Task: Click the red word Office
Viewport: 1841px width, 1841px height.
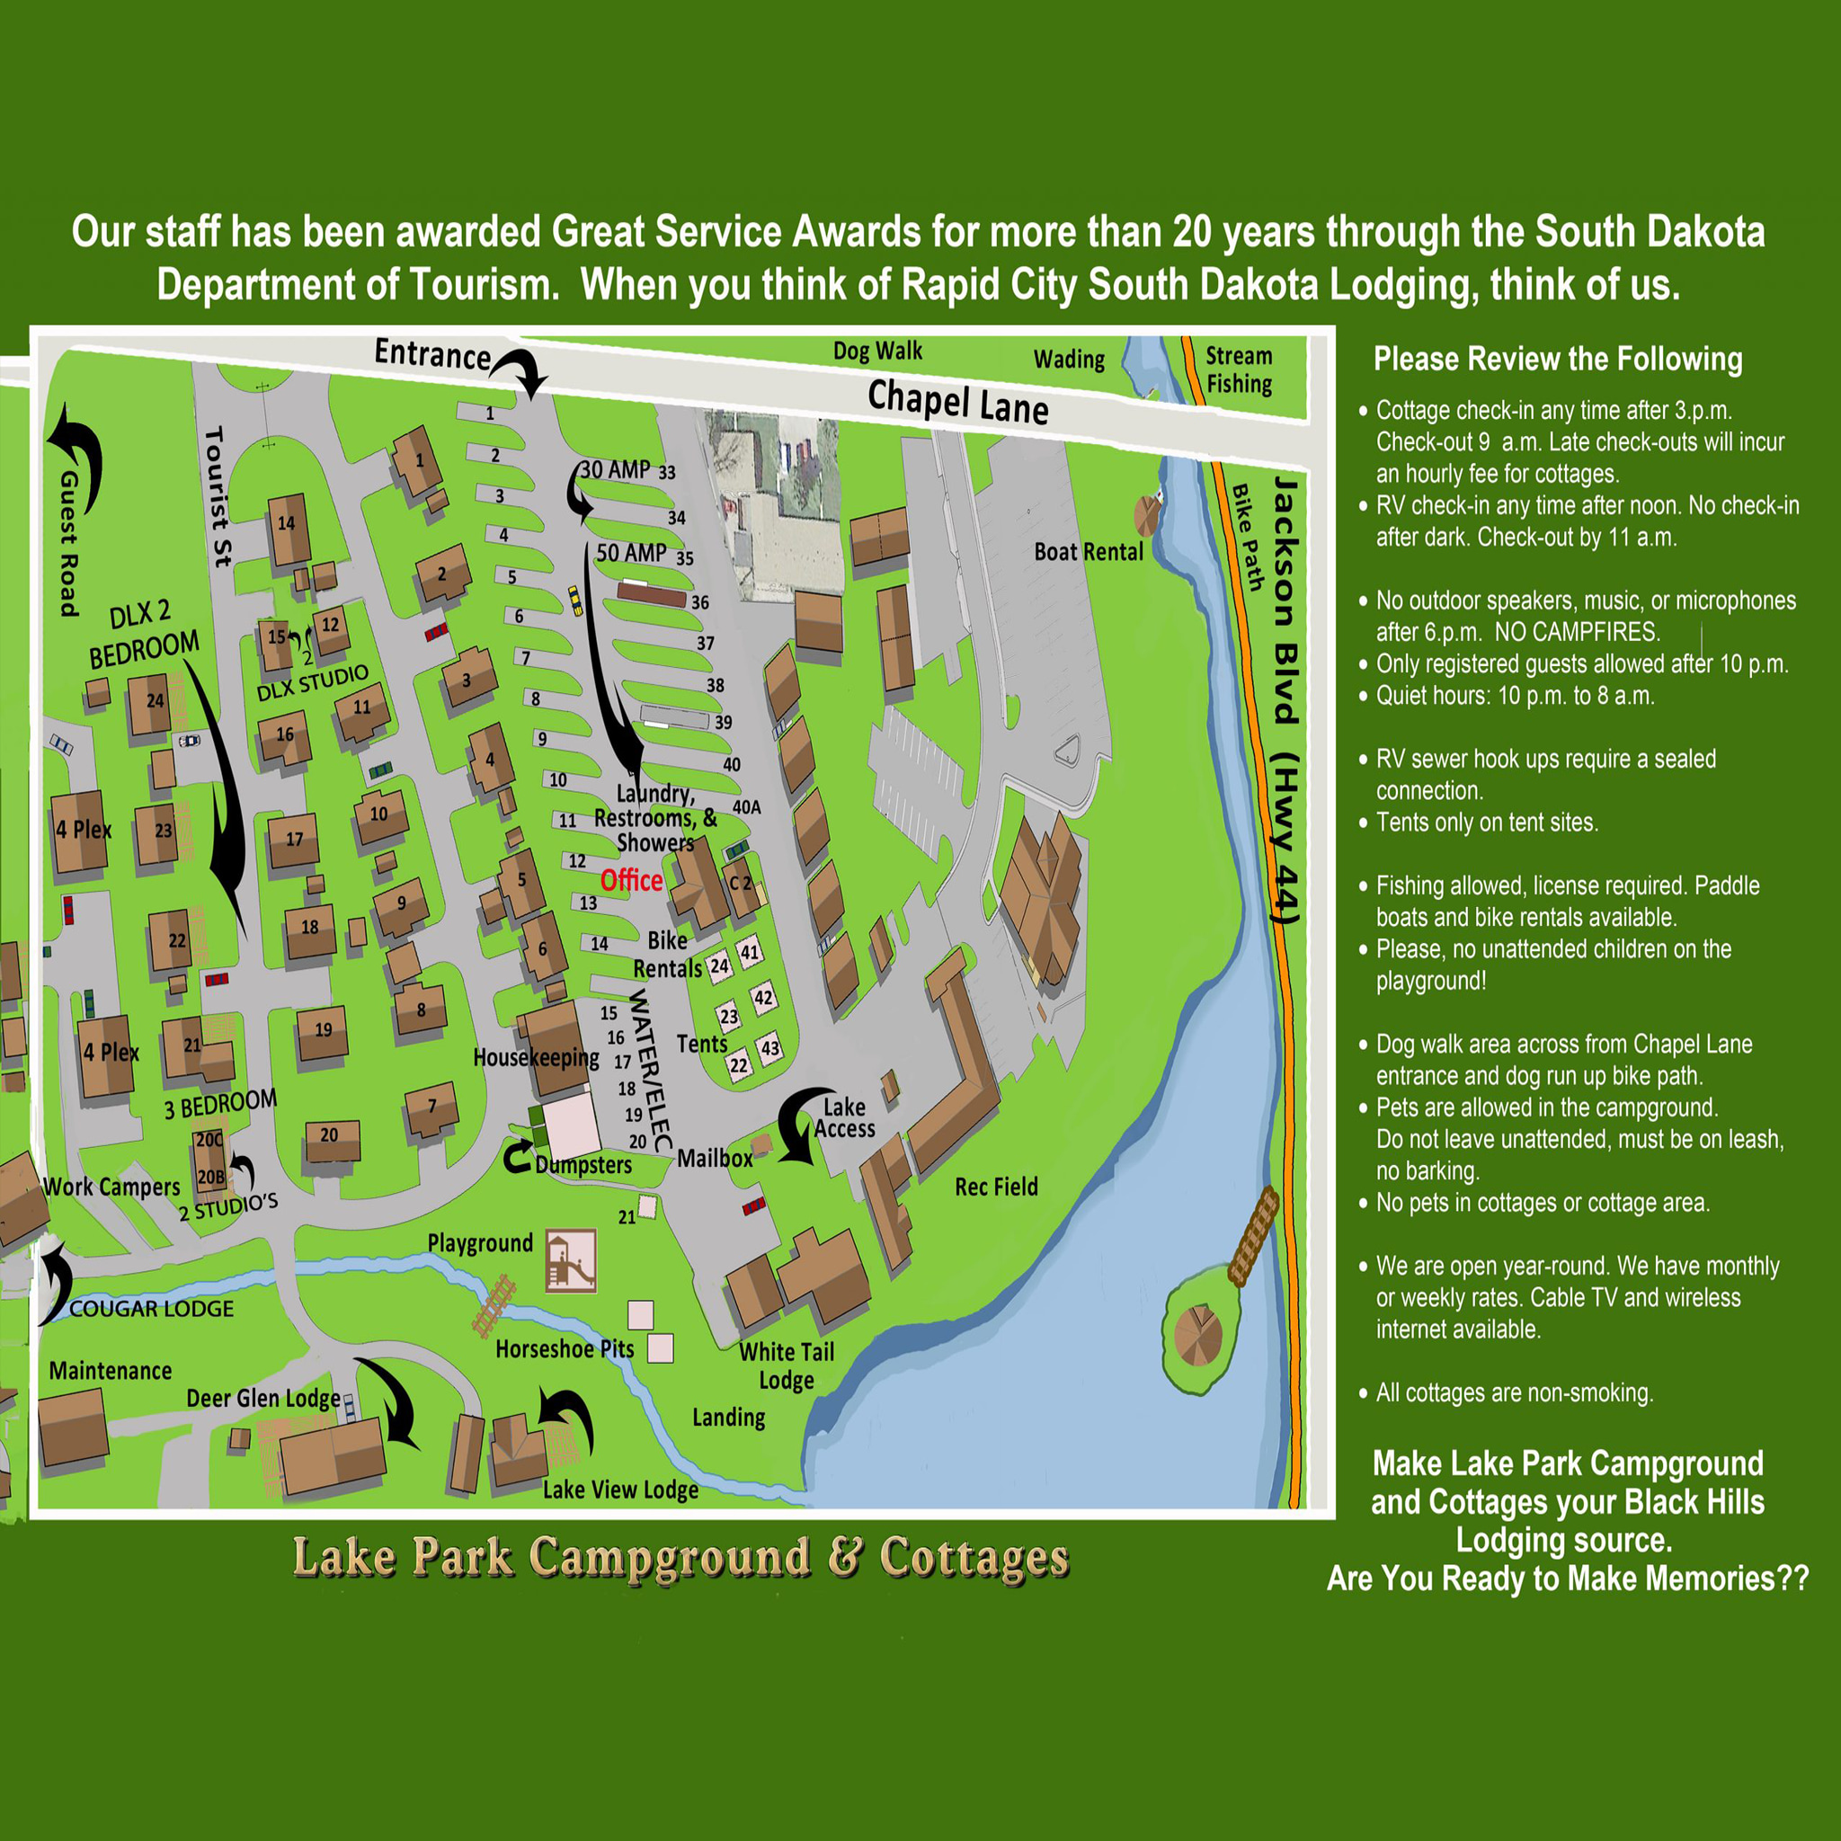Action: pos(631,879)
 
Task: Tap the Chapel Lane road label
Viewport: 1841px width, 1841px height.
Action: pos(957,402)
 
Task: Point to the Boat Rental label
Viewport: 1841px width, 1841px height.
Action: pos(1089,552)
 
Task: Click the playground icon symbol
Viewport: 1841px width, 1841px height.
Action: pos(571,1260)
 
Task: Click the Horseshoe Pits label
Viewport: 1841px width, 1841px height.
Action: pos(565,1348)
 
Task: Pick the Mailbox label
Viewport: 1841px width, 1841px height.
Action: pos(715,1158)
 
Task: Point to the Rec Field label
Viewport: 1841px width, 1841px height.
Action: pos(996,1187)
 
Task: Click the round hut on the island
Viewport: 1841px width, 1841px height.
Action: pos(1196,1335)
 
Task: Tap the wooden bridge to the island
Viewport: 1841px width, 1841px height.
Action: pos(1252,1236)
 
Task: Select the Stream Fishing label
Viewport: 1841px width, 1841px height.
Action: pos(1239,369)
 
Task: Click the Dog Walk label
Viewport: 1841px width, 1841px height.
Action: pos(877,351)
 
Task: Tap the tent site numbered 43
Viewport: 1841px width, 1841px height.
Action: pos(769,1048)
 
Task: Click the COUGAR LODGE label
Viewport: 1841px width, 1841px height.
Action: pos(152,1308)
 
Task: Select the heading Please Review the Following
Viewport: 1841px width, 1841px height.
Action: pos(1557,360)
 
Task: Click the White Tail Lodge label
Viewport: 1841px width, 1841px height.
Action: pos(787,1365)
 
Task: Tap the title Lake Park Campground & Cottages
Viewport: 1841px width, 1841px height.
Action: pos(680,1558)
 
